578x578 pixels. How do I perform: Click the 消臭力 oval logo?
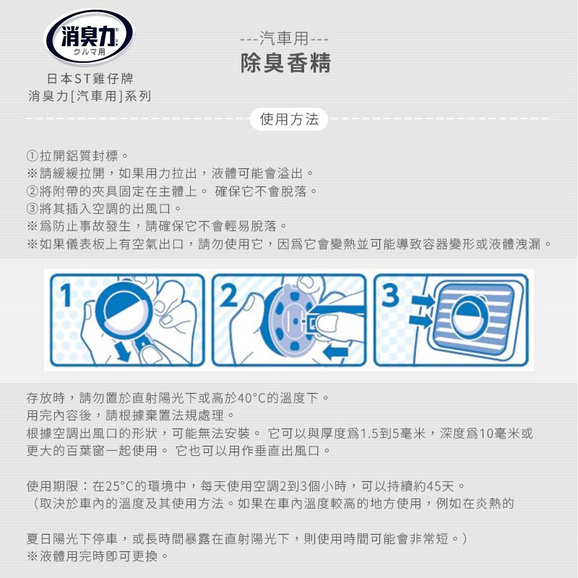(x=89, y=38)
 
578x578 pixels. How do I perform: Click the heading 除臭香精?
(x=285, y=63)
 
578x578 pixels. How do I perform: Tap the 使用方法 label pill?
(x=288, y=119)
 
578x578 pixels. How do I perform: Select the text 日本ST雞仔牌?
(x=90, y=79)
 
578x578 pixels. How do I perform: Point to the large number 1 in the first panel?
(x=66, y=295)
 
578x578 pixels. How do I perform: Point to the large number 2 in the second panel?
(x=229, y=295)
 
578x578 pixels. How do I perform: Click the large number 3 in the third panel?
(x=390, y=295)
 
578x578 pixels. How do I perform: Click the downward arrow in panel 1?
(x=123, y=350)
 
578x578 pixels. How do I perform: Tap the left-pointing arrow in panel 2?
(x=335, y=353)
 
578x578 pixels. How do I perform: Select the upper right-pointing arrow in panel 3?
(x=423, y=300)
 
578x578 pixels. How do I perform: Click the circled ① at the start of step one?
(x=33, y=156)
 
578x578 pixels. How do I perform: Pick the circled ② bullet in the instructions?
(x=33, y=191)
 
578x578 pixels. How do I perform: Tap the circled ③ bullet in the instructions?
(x=33, y=209)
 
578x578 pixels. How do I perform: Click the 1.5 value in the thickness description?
(x=370, y=433)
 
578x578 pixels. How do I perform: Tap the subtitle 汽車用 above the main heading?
(x=284, y=38)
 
